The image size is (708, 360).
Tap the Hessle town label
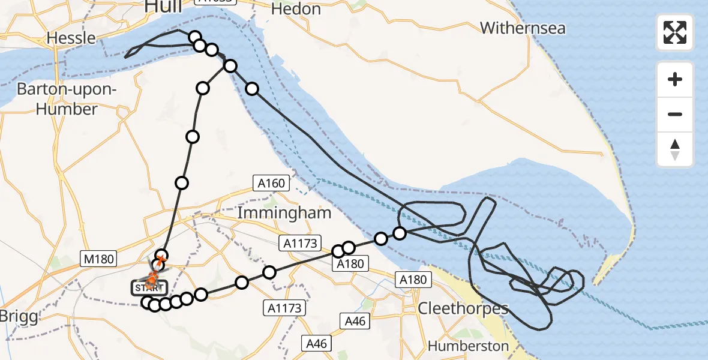click(71, 38)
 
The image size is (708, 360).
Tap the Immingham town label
click(284, 212)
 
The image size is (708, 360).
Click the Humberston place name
click(468, 346)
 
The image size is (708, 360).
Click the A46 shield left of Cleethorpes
click(355, 321)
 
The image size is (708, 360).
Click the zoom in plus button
click(675, 79)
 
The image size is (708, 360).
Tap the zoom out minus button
click(675, 114)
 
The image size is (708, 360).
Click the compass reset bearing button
click(675, 149)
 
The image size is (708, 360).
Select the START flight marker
click(146, 288)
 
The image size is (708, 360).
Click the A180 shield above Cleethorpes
click(412, 280)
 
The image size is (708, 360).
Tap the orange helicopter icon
click(152, 278)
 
